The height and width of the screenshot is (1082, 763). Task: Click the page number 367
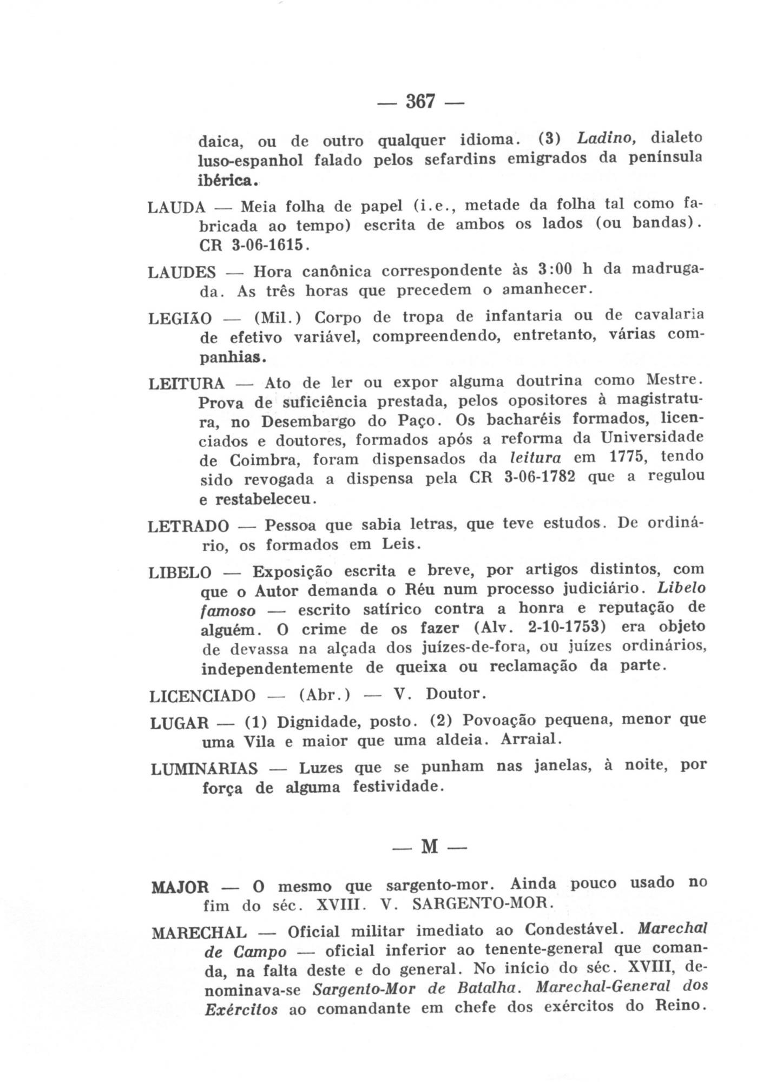tap(420, 101)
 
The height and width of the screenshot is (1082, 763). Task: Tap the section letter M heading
tap(429, 846)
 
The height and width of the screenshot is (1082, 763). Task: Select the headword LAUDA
tap(176, 207)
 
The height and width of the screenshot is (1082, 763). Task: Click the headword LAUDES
tap(182, 272)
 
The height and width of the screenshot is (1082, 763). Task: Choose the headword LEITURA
tap(186, 384)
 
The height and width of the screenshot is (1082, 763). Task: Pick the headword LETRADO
tap(188, 526)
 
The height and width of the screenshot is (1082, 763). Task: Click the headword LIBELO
tap(180, 572)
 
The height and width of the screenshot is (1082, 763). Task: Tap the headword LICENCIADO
tap(202, 695)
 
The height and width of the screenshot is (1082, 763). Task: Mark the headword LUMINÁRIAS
tap(205, 769)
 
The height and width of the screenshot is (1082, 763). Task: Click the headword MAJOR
tap(180, 887)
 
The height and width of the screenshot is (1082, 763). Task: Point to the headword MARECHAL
tap(200, 933)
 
